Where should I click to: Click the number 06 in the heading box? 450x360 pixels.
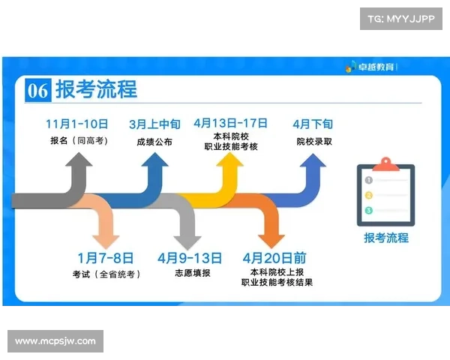38,91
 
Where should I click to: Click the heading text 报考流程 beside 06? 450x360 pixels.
96,89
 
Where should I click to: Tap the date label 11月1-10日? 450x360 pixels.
77,124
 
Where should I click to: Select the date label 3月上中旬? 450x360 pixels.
154,124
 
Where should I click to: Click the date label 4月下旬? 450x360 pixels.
313,124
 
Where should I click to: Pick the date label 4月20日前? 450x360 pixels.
274,258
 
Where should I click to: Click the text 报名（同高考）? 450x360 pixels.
77,140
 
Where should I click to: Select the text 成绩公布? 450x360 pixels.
154,141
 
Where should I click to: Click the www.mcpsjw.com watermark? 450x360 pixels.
55,341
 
